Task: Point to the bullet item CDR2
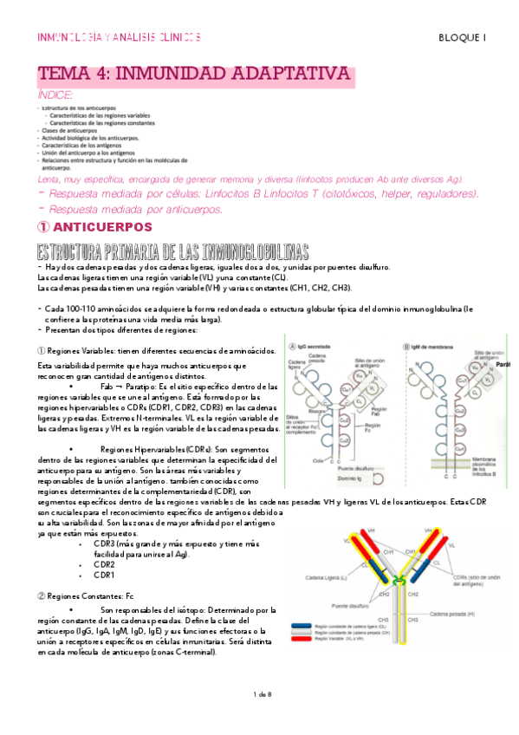(104, 563)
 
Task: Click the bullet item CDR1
(104, 574)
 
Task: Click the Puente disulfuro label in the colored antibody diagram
(347, 606)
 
